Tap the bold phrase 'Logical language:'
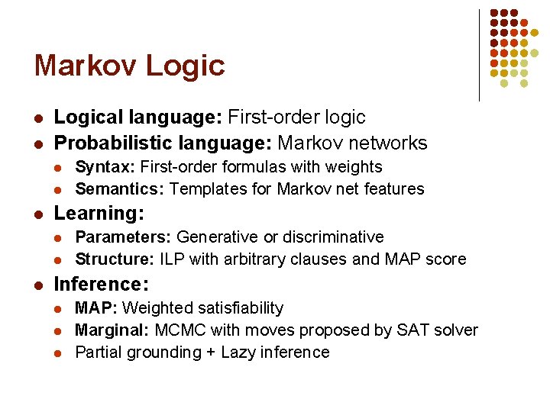point(138,117)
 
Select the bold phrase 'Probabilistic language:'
point(163,143)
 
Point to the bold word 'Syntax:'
point(104,166)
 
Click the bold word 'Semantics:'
point(120,188)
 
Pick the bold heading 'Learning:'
point(100,214)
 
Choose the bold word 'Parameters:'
point(124,237)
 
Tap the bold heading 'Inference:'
point(102,285)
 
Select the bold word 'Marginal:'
point(113,330)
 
